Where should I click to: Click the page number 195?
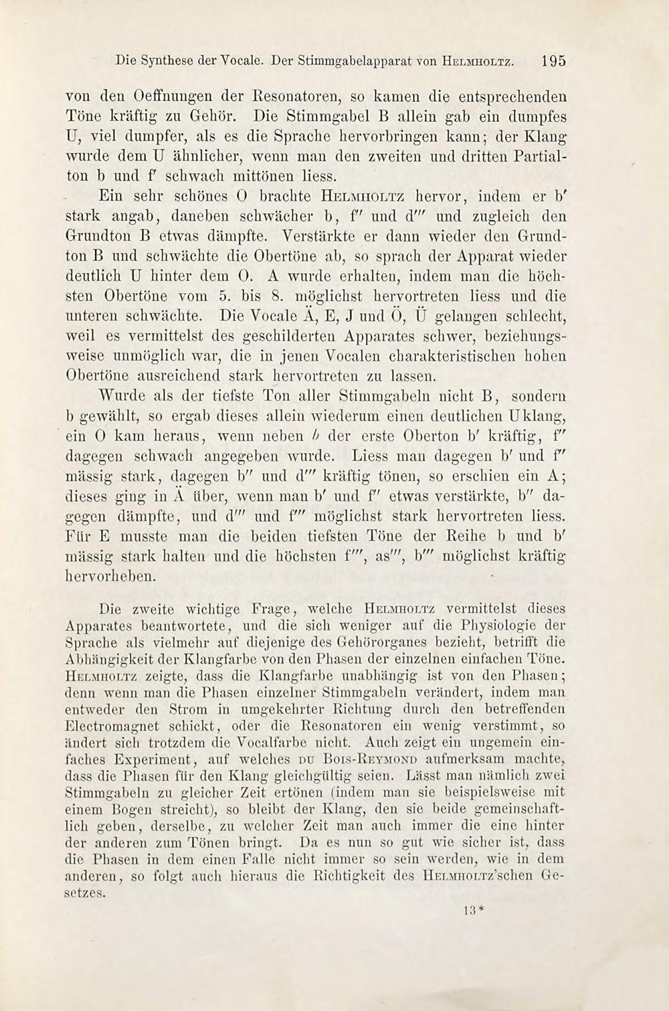click(554, 60)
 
